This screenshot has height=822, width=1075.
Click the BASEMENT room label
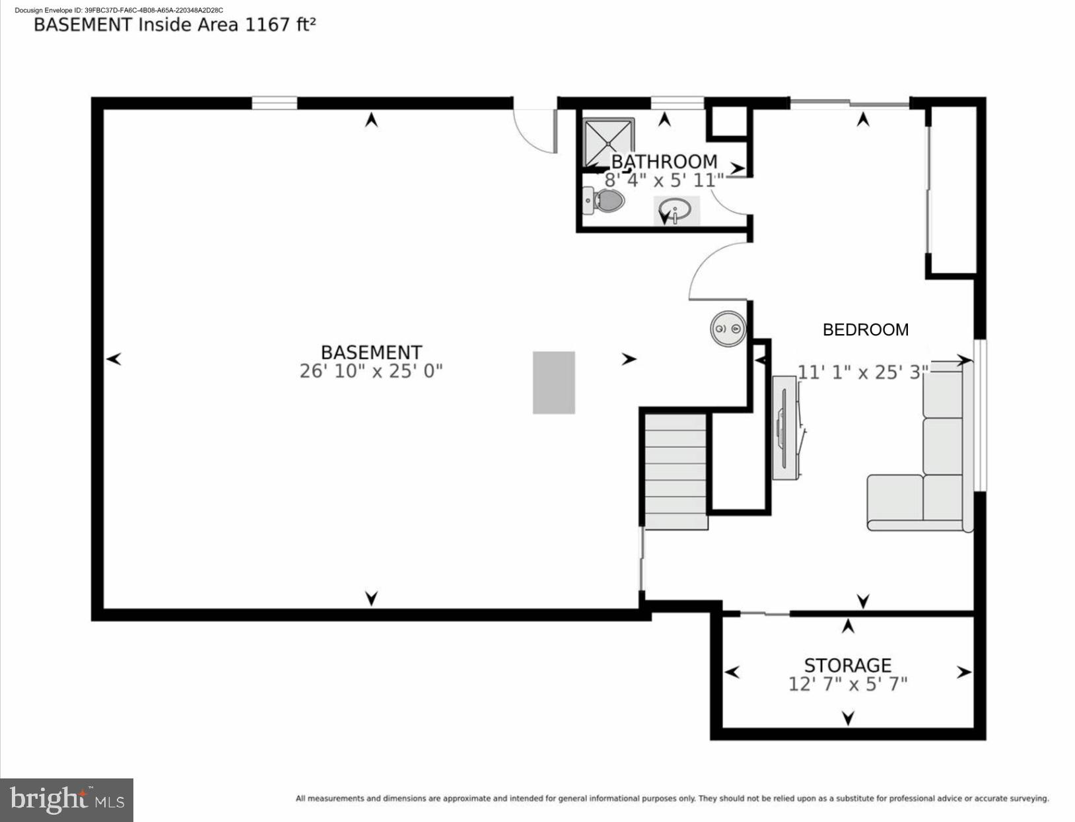point(371,352)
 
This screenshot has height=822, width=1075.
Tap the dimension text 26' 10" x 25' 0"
point(371,371)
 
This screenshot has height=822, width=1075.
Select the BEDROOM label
point(865,329)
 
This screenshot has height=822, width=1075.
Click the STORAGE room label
point(847,665)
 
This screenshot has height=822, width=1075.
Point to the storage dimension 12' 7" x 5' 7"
point(847,684)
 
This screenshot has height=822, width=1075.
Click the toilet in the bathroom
point(605,201)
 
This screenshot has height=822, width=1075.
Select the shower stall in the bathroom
point(608,142)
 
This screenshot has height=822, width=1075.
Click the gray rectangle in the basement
point(554,383)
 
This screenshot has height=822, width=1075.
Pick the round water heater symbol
point(728,328)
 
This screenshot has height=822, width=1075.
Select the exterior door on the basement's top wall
point(536,129)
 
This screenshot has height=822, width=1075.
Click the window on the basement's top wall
point(274,103)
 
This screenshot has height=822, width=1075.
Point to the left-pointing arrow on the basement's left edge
point(114,359)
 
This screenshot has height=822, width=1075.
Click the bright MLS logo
point(67,800)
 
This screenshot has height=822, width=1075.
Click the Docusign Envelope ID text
point(118,10)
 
